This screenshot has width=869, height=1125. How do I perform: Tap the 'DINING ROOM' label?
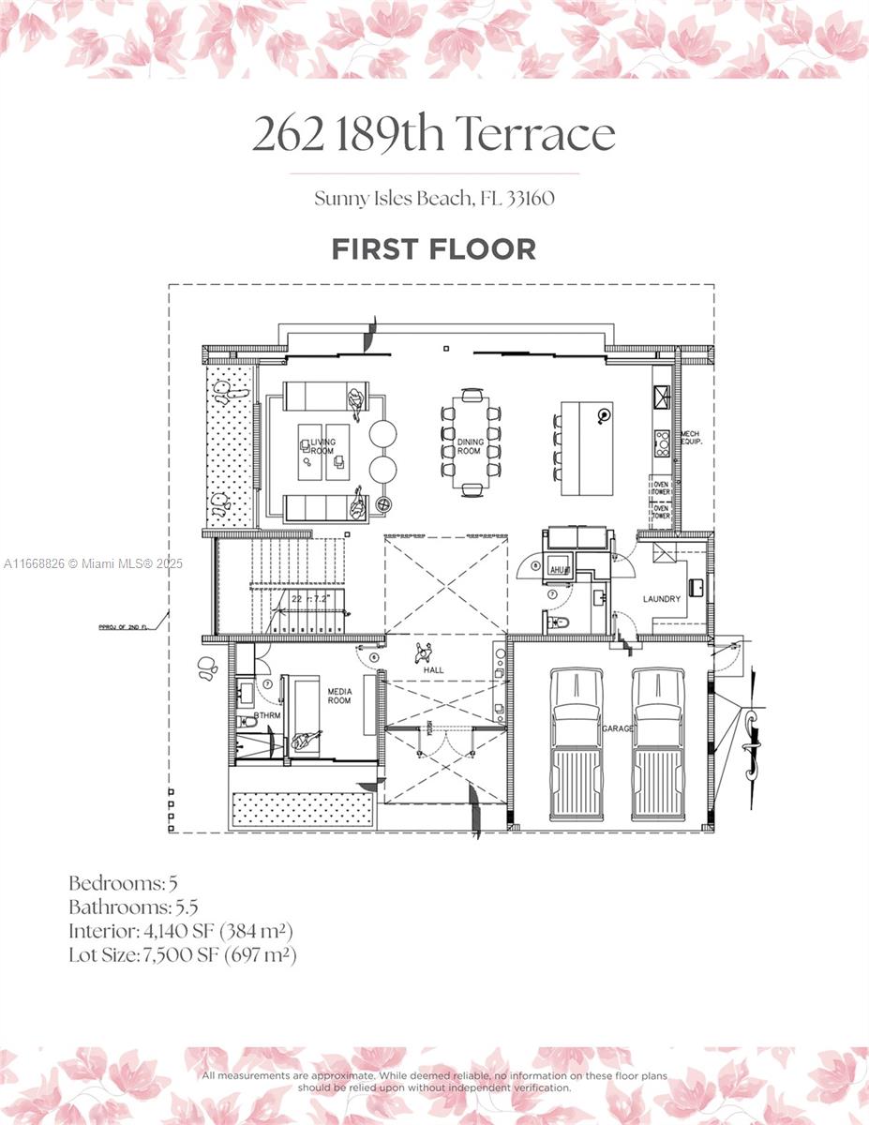point(470,446)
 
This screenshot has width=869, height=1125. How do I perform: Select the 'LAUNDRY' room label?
point(662,599)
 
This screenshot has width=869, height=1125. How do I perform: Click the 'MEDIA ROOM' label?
point(339,696)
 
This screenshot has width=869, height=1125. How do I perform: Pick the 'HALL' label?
point(432,670)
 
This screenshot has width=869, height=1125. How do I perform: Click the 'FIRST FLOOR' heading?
point(433,249)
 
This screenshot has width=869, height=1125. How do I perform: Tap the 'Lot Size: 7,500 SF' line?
point(182,955)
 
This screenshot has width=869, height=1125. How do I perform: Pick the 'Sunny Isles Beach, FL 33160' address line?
point(434,198)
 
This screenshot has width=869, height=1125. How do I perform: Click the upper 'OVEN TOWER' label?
point(662,487)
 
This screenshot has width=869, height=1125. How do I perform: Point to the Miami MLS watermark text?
point(94,563)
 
